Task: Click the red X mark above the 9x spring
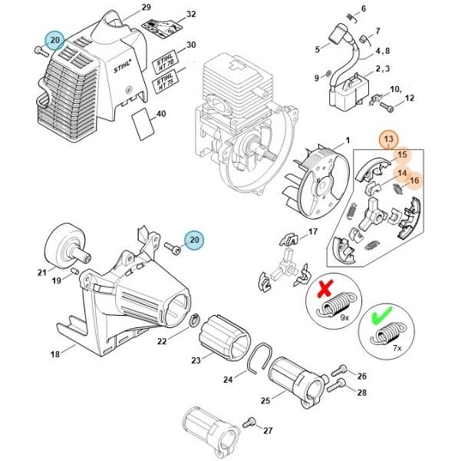coord(325,288)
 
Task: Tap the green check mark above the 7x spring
coord(382,315)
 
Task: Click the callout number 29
coord(146,7)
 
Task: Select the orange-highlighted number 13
coord(388,139)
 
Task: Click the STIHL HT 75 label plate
coord(165,81)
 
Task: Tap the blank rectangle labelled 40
coord(143,124)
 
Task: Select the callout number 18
coord(55,354)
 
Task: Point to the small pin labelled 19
coord(74,270)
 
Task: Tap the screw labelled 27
coord(249,423)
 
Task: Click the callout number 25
coord(265,400)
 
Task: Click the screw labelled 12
coord(387,106)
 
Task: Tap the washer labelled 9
coord(328,74)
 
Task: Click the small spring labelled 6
coord(351,18)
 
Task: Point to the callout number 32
coord(191,14)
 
